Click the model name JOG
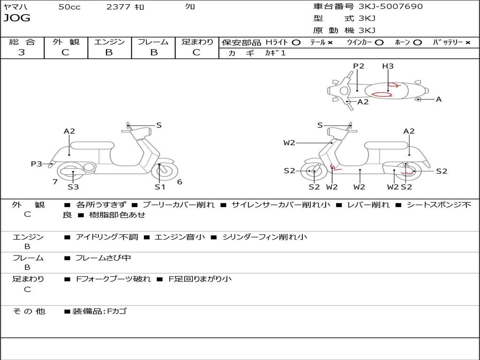click(x=17, y=18)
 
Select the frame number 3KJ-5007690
click(x=390, y=7)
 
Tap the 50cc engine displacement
click(x=69, y=7)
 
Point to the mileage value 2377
click(x=119, y=7)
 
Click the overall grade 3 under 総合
click(x=22, y=52)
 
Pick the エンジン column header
click(x=109, y=42)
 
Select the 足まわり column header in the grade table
click(x=197, y=42)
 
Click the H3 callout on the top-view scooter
click(x=388, y=66)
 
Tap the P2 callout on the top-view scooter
click(x=359, y=66)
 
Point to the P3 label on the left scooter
click(x=37, y=164)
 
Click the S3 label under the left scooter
click(x=73, y=187)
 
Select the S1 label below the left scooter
click(x=160, y=187)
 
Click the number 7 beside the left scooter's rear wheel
click(x=55, y=182)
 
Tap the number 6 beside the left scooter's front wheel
click(x=180, y=182)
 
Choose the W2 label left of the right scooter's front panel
click(x=289, y=143)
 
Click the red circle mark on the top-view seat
click(x=385, y=94)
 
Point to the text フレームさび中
click(x=103, y=258)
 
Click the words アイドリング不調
click(x=107, y=237)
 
